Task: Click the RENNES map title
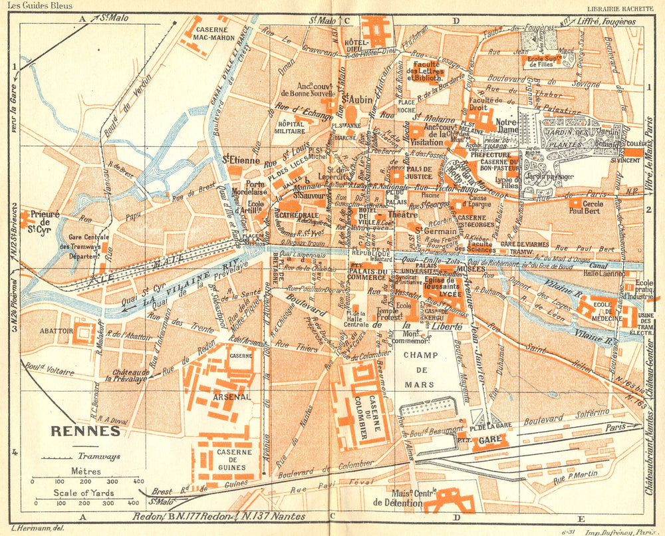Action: [x=85, y=430]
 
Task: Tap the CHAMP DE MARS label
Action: [x=421, y=370]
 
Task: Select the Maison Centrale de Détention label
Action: [x=398, y=498]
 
